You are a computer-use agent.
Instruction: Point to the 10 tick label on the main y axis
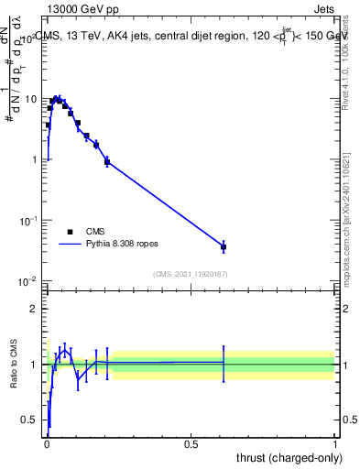click(29, 99)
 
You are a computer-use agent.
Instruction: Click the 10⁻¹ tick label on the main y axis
click(29, 221)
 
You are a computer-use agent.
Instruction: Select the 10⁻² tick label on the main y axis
click(29, 281)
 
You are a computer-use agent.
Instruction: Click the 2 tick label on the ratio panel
click(35, 309)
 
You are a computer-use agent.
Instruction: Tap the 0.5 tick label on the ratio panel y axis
click(31, 420)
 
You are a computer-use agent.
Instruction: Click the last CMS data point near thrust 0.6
click(224, 247)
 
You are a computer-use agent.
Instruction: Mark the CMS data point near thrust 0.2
click(107, 161)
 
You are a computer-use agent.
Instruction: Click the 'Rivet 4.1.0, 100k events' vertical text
click(345, 64)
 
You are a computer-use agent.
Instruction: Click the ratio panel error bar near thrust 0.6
click(224, 363)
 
